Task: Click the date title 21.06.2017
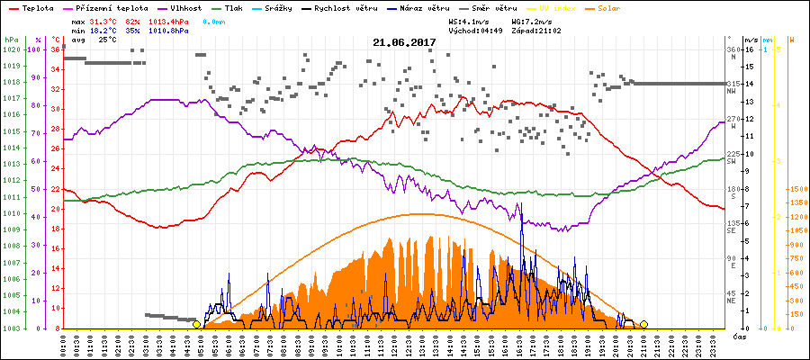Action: [404, 42]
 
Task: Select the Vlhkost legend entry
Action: [174, 7]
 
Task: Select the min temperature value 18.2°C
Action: [102, 30]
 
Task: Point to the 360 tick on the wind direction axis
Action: [733, 50]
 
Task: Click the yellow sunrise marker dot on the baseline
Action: [196, 324]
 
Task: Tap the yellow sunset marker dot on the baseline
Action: [643, 324]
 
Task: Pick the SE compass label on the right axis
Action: [732, 231]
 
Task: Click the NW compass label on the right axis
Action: [733, 92]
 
